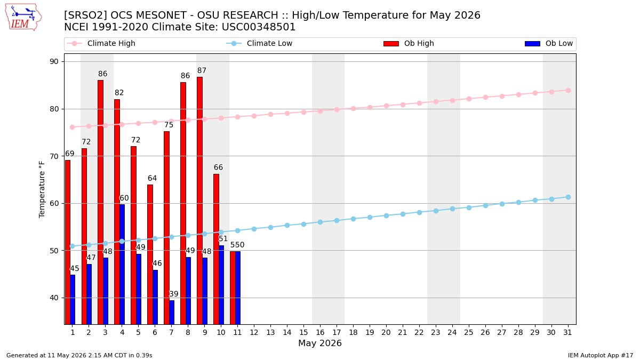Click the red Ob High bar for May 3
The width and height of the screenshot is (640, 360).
(101, 202)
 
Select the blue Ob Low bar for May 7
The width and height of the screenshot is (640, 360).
(172, 313)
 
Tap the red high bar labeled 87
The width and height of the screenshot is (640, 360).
(199, 201)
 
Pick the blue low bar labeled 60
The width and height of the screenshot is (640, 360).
(122, 265)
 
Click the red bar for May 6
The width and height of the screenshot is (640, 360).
(150, 254)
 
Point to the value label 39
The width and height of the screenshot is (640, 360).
(174, 294)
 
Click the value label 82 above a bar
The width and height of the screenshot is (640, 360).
(119, 93)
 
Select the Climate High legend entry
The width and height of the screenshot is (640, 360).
(101, 43)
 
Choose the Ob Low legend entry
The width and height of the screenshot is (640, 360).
(549, 43)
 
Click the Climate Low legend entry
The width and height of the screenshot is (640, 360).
(259, 43)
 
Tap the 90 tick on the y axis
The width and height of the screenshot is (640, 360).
(54, 62)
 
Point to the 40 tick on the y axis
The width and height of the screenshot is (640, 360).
(54, 298)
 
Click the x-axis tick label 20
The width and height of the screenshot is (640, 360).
(386, 333)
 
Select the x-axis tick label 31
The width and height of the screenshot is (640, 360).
(567, 333)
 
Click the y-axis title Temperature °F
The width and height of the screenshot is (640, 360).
(42, 189)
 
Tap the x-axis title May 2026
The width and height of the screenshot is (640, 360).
(320, 343)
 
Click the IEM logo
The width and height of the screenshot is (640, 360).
(23, 18)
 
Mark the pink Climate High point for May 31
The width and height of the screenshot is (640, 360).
(568, 91)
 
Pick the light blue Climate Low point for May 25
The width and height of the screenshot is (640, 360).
(469, 207)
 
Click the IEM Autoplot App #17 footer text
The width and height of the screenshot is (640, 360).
(601, 355)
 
